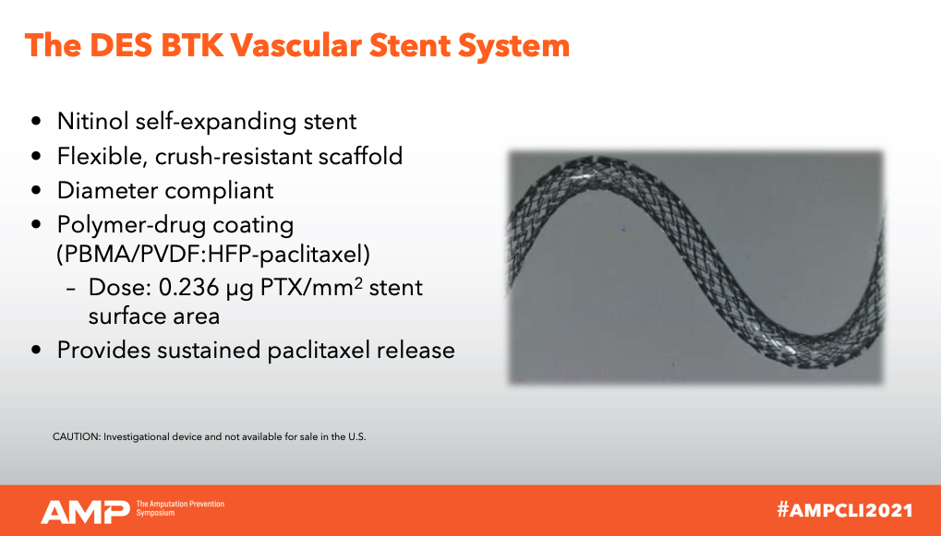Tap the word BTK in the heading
[191, 45]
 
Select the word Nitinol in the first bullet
[93, 121]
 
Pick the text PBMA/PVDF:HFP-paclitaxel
[213, 255]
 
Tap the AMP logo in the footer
[85, 511]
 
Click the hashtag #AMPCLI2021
[844, 510]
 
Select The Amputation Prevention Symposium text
[180, 508]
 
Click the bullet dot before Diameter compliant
[37, 191]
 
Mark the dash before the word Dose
[71, 289]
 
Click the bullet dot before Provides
[37, 351]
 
